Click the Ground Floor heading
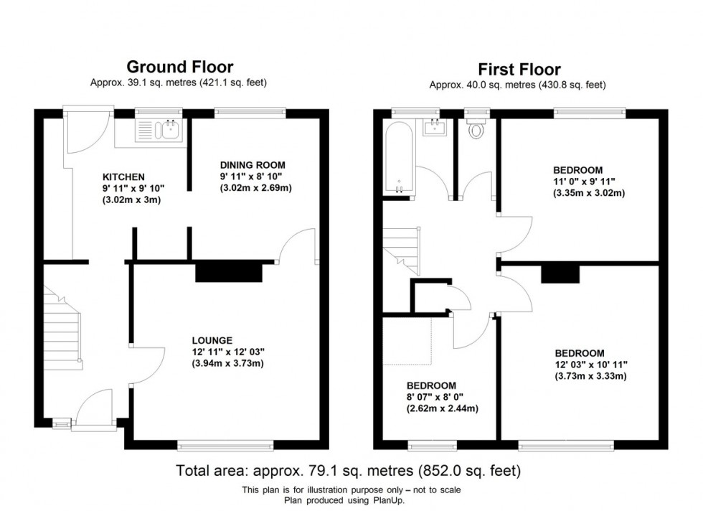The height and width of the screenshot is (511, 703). point(179,67)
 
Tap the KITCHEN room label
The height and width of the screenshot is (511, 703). point(124,177)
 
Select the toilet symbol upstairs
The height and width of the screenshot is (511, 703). point(475,131)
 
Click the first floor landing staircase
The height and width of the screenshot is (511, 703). point(401,248)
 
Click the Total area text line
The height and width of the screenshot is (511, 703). point(349,471)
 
